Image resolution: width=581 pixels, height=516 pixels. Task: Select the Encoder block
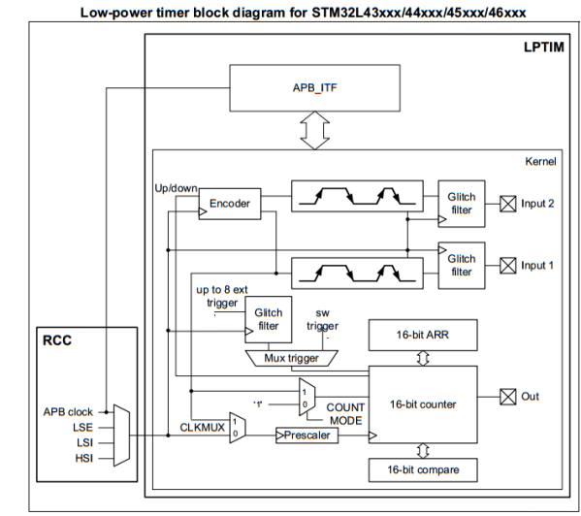pos(229,205)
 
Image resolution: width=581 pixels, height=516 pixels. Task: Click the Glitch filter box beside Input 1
pos(462,265)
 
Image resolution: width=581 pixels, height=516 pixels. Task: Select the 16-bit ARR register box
pos(422,336)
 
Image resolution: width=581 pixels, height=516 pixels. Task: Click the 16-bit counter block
pos(422,404)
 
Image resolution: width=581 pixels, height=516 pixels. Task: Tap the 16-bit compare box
pos(422,468)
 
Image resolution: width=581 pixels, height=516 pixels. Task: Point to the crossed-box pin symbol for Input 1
pos(504,265)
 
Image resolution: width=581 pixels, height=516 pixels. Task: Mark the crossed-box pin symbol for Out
pos(504,397)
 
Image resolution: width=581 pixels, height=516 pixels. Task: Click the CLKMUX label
pos(202,425)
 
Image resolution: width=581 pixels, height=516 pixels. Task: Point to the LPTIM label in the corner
pos(543,47)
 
